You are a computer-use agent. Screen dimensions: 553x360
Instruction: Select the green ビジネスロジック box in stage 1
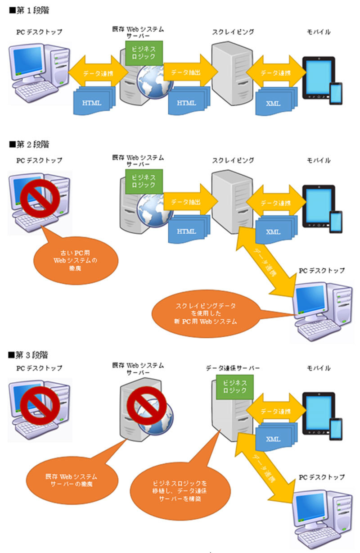coord(144,52)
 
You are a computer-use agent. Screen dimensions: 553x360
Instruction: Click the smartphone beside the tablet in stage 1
coord(335,93)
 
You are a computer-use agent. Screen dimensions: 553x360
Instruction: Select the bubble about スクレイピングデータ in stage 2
coord(204,313)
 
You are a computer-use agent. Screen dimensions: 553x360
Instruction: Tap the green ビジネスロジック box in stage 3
coord(234,387)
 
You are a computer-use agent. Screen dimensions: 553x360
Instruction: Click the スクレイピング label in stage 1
coord(233,32)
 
